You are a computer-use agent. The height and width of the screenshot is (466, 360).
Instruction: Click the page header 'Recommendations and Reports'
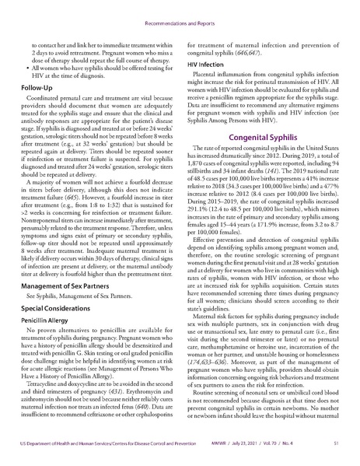click(x=180, y=12)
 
